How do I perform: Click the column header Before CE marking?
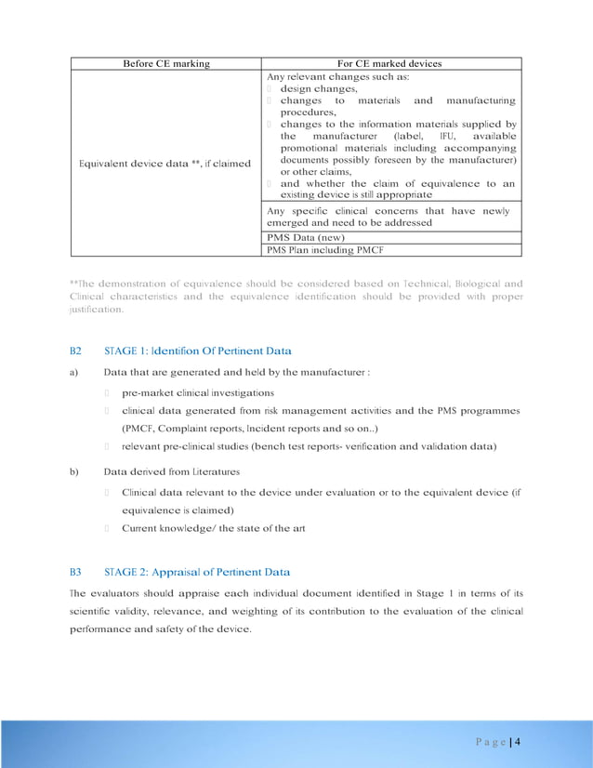coord(166,63)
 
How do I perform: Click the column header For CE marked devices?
coord(390,63)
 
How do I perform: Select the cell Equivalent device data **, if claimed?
coord(165,164)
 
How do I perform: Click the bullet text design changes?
coord(319,89)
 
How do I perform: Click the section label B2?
coord(76,351)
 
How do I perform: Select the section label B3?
coord(76,572)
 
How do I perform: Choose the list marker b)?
coord(74,471)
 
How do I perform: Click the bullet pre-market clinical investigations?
coord(198,393)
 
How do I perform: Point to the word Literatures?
coord(210,471)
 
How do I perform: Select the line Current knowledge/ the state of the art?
coord(214,528)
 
